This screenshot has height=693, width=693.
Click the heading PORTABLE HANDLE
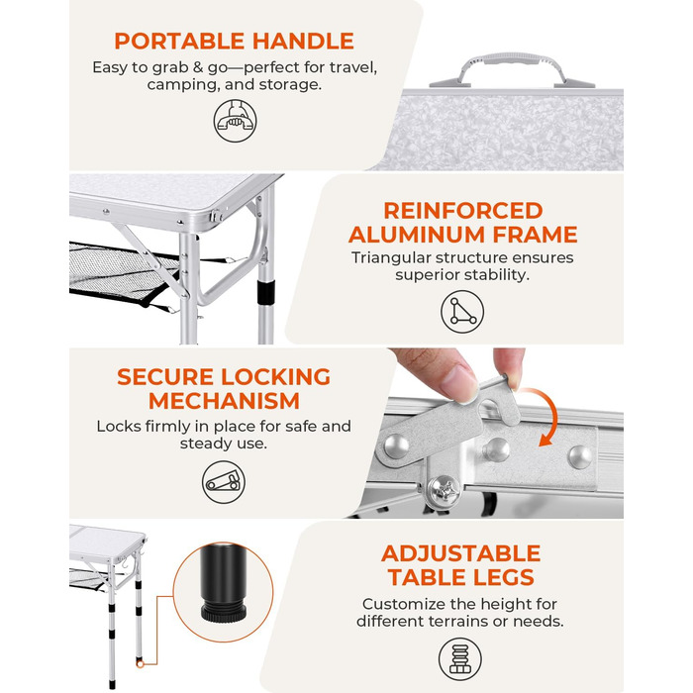click(235, 42)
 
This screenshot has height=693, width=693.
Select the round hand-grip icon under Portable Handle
click(236, 121)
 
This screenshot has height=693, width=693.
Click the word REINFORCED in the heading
click(463, 210)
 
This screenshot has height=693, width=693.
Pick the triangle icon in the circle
click(462, 312)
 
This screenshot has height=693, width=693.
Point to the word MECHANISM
click(224, 401)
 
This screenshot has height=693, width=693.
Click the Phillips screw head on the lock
click(445, 490)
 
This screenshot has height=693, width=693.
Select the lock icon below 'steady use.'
click(224, 482)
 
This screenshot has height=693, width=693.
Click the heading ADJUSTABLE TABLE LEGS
click(461, 565)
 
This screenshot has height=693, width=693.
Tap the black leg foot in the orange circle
click(224, 582)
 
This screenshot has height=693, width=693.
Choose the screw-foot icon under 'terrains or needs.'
click(460, 659)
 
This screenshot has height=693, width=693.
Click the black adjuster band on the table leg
click(266, 292)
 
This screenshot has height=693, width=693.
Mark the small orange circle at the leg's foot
click(141, 664)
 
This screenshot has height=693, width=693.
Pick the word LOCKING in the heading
click(275, 377)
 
